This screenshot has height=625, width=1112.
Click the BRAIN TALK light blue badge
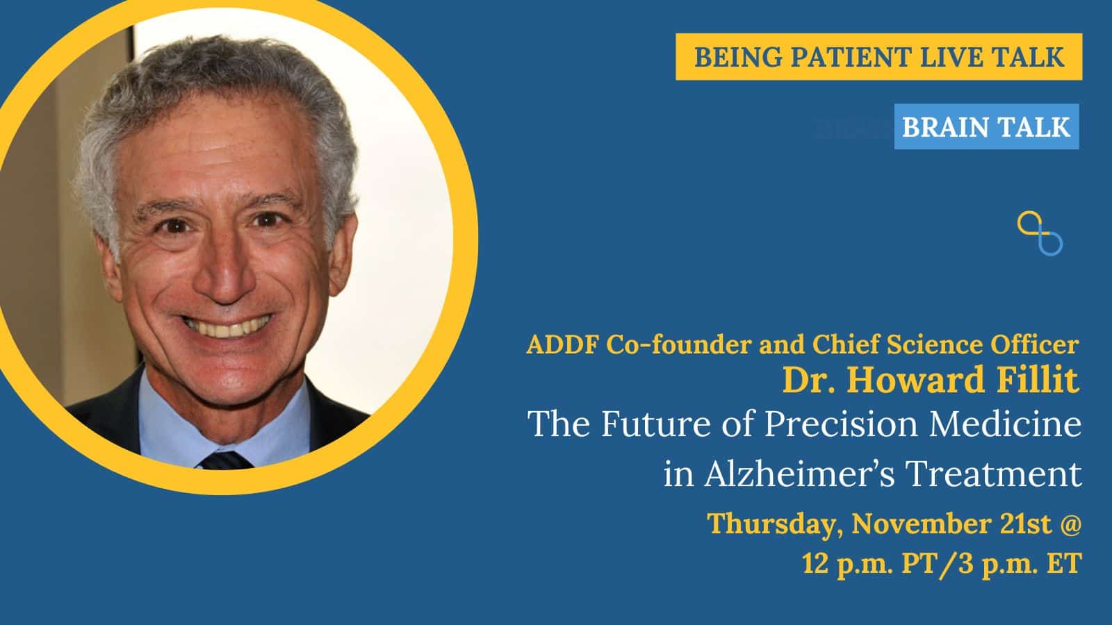point(986,126)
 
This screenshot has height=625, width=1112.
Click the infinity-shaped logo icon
point(1040,233)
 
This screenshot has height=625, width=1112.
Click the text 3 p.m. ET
point(1020,564)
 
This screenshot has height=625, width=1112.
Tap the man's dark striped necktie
point(226,461)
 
